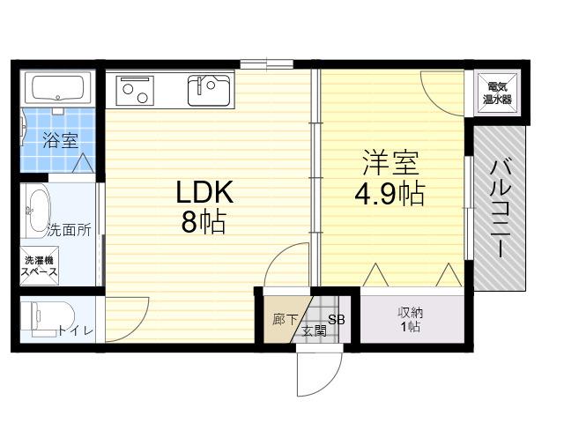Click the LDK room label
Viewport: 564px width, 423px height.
coord(205,192)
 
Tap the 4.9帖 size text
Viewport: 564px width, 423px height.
coord(390,194)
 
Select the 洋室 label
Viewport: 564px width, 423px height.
coord(390,162)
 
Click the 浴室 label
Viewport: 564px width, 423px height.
coord(60,140)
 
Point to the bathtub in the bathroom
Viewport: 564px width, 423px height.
coord(57,88)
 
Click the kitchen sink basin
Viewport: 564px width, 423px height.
coord(209,90)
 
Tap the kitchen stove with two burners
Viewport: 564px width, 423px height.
coord(135,90)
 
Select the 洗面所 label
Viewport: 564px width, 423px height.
coord(70,230)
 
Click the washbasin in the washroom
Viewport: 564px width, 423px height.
coord(38,210)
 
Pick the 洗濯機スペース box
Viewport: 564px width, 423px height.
coord(39,266)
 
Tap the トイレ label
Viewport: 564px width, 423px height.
coord(76,330)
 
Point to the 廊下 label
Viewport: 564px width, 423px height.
coord(285,319)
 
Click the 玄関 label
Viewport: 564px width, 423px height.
coord(315,330)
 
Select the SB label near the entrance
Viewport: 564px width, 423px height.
coord(337,319)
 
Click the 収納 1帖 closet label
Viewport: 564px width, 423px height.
coord(411,319)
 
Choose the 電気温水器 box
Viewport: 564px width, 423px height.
coord(497,93)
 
